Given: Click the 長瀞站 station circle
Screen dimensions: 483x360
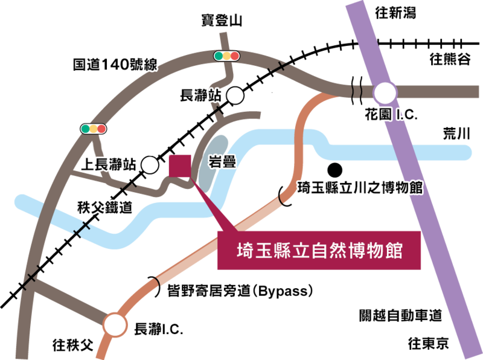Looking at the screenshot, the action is point(235,95).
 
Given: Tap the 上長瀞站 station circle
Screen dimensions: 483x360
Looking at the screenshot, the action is point(150,164).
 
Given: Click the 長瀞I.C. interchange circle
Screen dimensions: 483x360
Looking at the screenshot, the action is point(115,325).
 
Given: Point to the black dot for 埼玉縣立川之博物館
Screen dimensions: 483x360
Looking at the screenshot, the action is point(334,170).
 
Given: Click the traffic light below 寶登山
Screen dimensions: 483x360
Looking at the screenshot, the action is point(227,56).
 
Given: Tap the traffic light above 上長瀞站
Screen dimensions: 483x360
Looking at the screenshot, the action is point(94,129).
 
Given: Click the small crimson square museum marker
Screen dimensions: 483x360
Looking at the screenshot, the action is point(180,166).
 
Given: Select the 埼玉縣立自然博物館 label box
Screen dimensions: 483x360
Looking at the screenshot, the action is point(319,250).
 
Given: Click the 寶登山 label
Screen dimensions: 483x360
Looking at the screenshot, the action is point(222,21).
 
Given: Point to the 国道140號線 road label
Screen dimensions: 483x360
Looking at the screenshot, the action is point(115,65).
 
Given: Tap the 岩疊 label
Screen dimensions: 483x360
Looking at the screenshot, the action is point(222,161).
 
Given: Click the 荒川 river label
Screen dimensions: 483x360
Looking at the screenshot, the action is point(456,133).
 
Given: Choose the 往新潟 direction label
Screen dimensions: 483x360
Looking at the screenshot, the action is point(395,13).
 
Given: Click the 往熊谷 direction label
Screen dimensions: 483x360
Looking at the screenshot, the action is point(450,59).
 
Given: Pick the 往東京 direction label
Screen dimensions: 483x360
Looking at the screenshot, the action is point(429,343).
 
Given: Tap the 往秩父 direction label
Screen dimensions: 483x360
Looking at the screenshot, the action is point(72,344).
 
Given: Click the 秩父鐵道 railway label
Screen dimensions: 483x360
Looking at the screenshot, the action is point(104,207).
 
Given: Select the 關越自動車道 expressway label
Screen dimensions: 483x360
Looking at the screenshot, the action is point(400,315).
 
